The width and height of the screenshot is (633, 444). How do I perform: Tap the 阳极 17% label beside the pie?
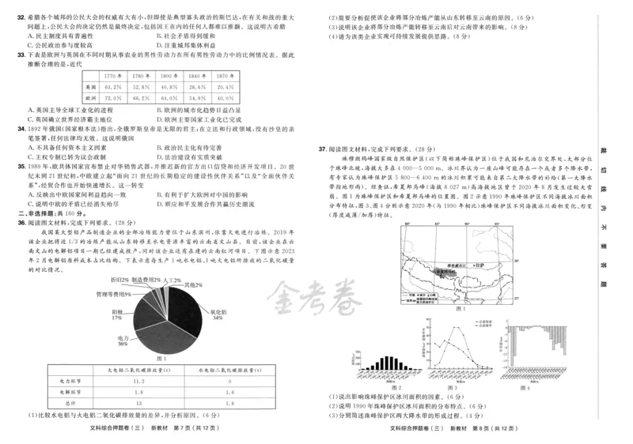click(x=116, y=314)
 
